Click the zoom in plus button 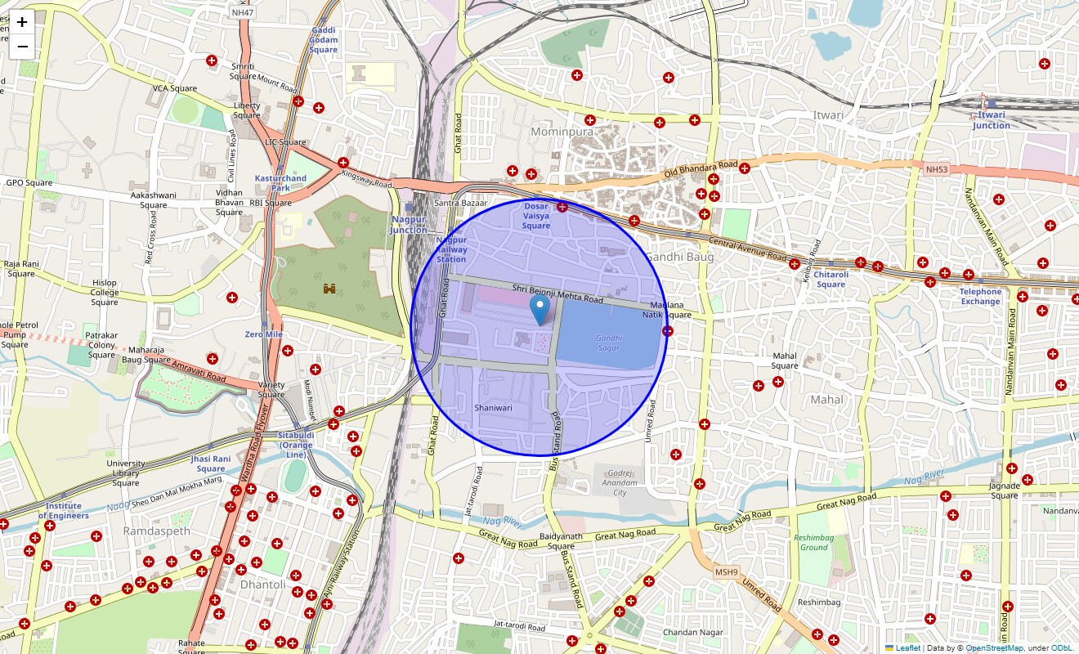click(x=22, y=22)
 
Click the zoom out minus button click(x=22, y=47)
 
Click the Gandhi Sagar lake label click(x=608, y=343)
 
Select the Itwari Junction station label click(x=991, y=120)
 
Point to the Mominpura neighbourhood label click(x=562, y=131)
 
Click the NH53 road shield click(x=936, y=169)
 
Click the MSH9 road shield click(x=725, y=571)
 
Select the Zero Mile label click(x=263, y=335)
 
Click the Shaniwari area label click(x=493, y=407)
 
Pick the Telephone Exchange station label click(x=980, y=296)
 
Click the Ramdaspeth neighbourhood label click(x=156, y=531)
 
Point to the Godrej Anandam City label click(x=619, y=483)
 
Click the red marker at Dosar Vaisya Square click(x=562, y=207)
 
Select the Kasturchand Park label click(x=280, y=182)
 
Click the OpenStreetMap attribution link click(x=994, y=648)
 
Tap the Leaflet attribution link click(x=907, y=648)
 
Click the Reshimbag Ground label click(x=813, y=542)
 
